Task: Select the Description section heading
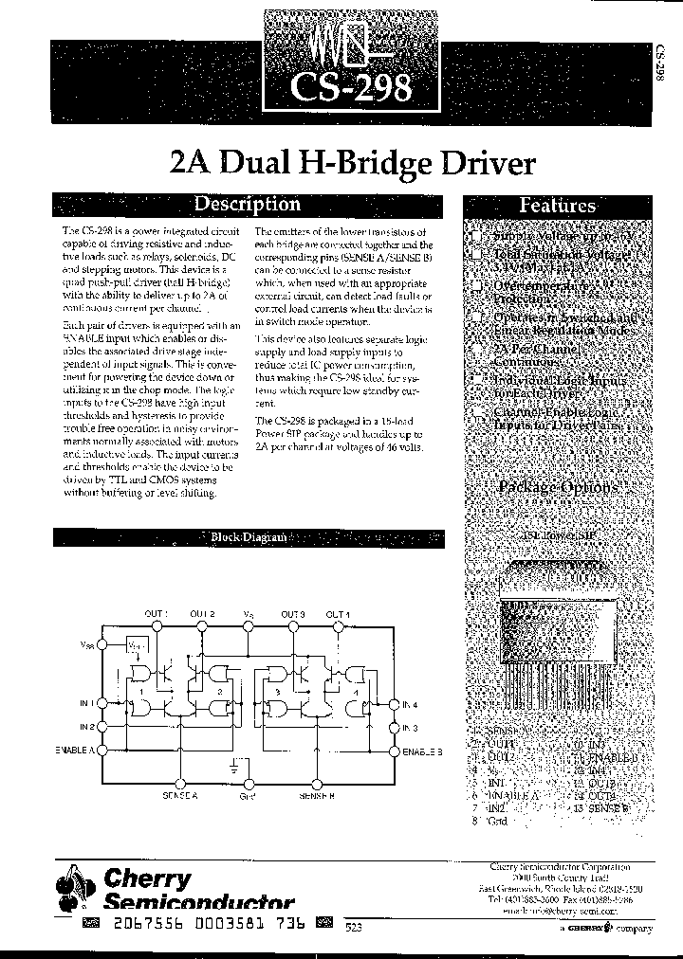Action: pos(247,204)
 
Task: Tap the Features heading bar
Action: pos(557,206)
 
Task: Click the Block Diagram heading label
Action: pos(248,537)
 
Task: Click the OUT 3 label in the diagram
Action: pos(292,614)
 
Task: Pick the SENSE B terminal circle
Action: pos(317,784)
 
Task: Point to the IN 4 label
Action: pos(410,704)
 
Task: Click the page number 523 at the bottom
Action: pos(353,927)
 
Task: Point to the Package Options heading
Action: pos(557,487)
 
